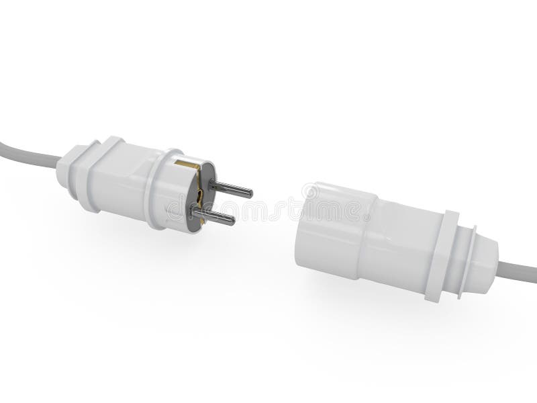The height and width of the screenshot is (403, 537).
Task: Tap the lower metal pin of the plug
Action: [x=215, y=216]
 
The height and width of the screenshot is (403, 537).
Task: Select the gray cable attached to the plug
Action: [x=27, y=152]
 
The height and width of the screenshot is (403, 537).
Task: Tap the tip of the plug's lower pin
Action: [x=232, y=220]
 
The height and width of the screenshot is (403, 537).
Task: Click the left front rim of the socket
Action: [x=302, y=222]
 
